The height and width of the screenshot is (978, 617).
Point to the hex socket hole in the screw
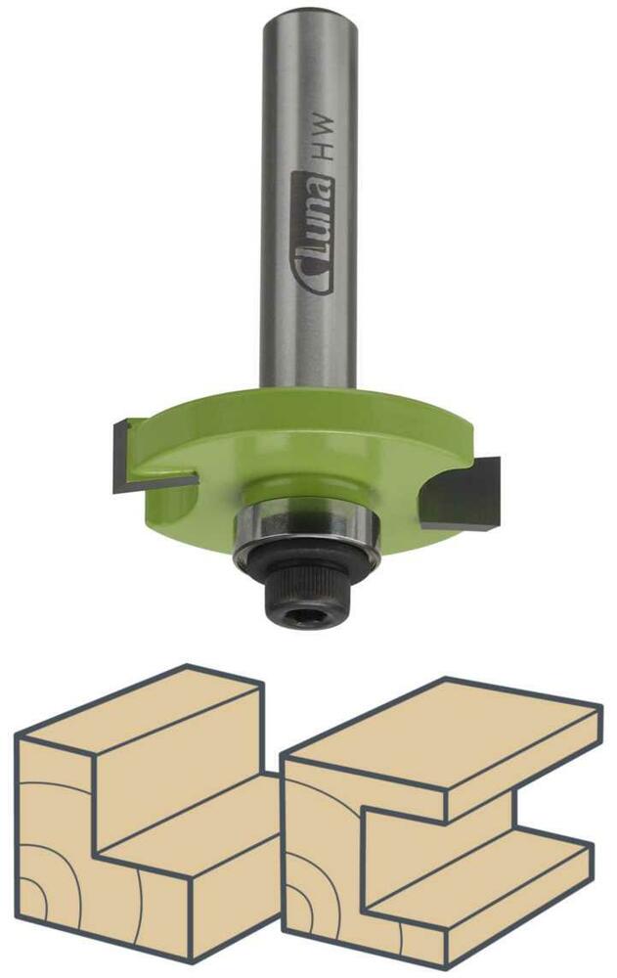(x=304, y=617)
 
